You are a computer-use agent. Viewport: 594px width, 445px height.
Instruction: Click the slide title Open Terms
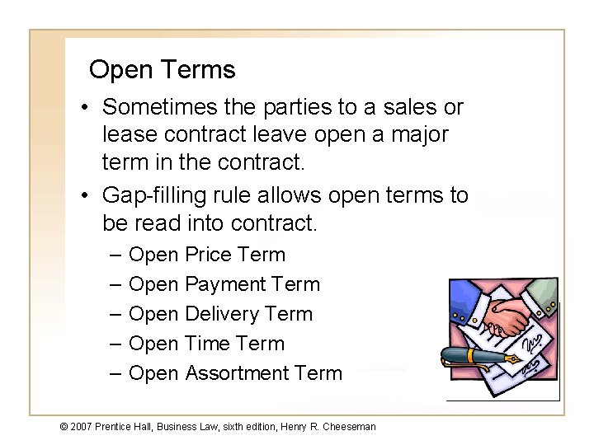(x=162, y=70)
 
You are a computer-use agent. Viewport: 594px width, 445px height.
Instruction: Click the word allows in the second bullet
(x=290, y=196)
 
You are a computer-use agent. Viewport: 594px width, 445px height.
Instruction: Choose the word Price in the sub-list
(x=209, y=255)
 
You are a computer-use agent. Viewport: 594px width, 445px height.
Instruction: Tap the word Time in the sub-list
(x=207, y=344)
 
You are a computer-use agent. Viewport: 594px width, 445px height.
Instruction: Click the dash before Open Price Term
(x=115, y=255)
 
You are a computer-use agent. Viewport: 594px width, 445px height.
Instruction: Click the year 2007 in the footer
(x=81, y=426)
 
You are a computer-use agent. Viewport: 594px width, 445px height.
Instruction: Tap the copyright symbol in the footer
(x=63, y=426)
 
